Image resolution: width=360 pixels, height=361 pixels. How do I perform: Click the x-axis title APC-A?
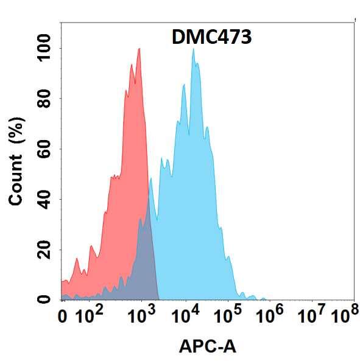(x=208, y=346)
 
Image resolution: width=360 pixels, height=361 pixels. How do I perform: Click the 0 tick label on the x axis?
(x=62, y=317)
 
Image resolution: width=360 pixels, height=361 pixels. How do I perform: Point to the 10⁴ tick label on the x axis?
(x=185, y=316)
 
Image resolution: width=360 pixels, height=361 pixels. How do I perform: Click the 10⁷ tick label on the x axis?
(x=313, y=316)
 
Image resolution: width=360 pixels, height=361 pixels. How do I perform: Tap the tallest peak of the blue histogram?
(x=194, y=50)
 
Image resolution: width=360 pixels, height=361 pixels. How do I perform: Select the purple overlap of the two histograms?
(x=146, y=262)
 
